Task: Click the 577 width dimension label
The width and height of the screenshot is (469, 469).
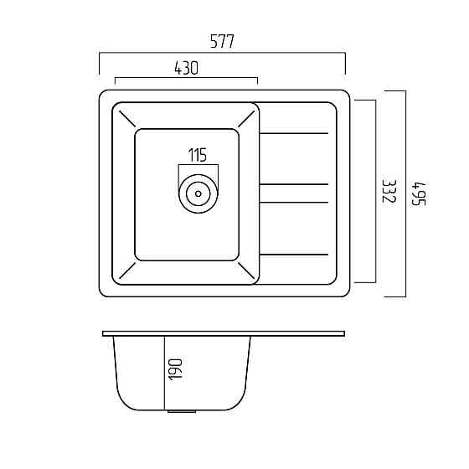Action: tap(222, 41)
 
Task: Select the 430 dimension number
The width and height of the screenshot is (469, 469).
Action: tap(186, 68)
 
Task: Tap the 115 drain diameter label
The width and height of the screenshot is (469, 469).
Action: tap(198, 155)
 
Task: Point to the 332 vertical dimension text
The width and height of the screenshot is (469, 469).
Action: tap(389, 191)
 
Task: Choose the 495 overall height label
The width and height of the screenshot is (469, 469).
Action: tap(419, 193)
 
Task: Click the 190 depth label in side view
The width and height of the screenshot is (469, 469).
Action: tap(175, 369)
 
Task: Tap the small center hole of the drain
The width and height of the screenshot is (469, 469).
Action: tap(198, 193)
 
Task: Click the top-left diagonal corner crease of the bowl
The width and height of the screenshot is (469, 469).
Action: tap(127, 119)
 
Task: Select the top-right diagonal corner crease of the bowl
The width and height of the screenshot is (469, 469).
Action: tap(246, 119)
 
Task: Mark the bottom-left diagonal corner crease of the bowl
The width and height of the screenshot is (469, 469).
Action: tap(127, 271)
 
